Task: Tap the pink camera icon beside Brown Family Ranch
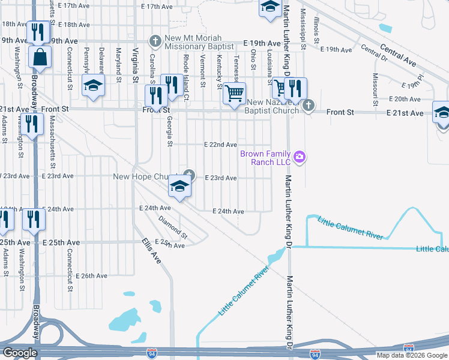pos(300,158)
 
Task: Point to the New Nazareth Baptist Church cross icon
pos(308,106)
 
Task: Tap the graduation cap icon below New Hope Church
pos(179,187)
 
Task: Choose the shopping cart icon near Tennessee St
pos(234,93)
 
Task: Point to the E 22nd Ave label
pos(220,145)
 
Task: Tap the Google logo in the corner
pos(20,352)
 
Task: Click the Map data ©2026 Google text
pos(412,355)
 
